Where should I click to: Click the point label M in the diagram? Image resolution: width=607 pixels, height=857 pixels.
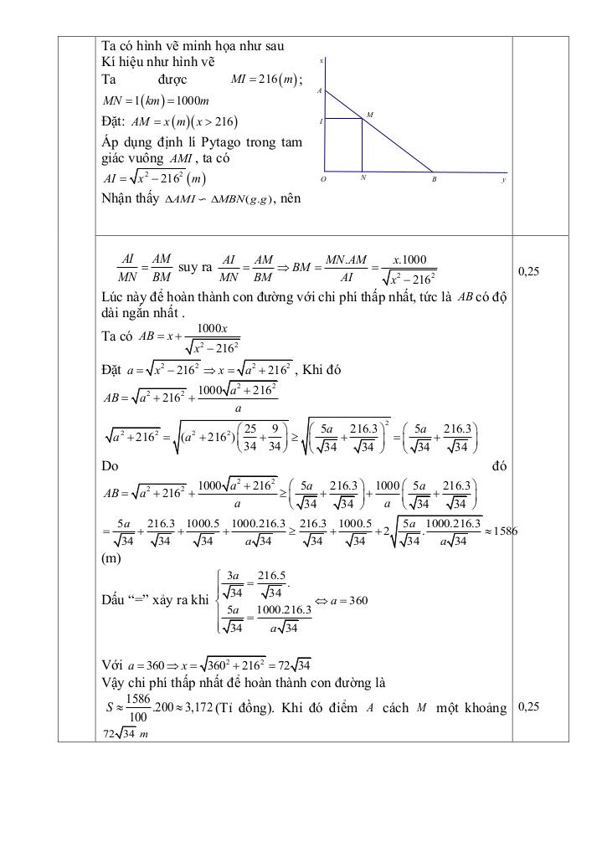pos(369,113)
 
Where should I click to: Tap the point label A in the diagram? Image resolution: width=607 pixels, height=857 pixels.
pos(320,90)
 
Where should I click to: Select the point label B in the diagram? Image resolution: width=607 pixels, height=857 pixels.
pos(434,179)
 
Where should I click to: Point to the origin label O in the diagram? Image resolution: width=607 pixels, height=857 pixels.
pos(324,179)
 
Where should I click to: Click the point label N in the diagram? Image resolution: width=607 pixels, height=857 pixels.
pos(363,178)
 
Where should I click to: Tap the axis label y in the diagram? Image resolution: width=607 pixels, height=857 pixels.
pos(503,179)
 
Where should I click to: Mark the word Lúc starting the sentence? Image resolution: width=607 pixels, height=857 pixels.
pos(113,296)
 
